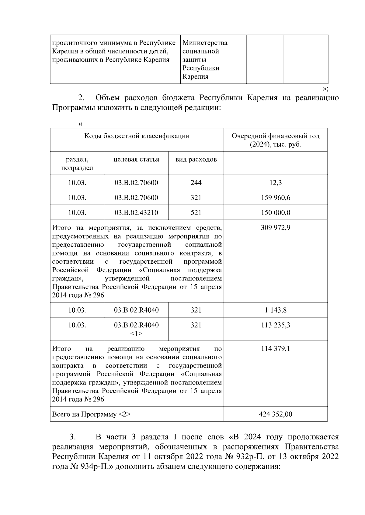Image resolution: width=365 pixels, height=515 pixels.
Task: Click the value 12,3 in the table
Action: pyautogui.click(x=275, y=183)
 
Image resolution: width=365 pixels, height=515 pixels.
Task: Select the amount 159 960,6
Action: pyautogui.click(x=275, y=198)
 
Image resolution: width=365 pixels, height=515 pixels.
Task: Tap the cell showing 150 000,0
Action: pyautogui.click(x=275, y=213)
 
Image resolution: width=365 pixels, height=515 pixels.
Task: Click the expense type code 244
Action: pyautogui.click(x=196, y=183)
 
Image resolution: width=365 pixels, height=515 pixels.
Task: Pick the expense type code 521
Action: pyautogui.click(x=196, y=213)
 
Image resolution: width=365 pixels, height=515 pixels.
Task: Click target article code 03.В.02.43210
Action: pyautogui.click(x=136, y=213)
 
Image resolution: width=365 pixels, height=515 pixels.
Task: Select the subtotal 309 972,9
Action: pyautogui.click(x=275, y=228)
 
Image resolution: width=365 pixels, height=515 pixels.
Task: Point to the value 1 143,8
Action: pyautogui.click(x=275, y=310)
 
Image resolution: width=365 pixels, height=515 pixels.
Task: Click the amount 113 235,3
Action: pyautogui.click(x=275, y=325)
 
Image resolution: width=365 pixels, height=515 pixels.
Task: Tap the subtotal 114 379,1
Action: pyautogui.click(x=275, y=349)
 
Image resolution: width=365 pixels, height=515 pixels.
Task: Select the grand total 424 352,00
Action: pyautogui.click(x=275, y=414)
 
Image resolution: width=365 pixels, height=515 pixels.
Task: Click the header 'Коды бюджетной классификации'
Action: pyautogui.click(x=137, y=136)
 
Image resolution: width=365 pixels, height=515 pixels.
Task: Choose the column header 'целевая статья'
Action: pyautogui.click(x=136, y=160)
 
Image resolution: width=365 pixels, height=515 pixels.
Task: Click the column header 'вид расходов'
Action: pyautogui.click(x=196, y=160)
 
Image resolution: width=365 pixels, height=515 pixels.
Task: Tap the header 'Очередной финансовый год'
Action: pyautogui.click(x=275, y=136)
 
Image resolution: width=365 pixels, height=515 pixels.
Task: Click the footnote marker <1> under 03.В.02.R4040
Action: pyautogui.click(x=136, y=334)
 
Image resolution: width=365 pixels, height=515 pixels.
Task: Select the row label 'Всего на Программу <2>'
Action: pyautogui.click(x=91, y=414)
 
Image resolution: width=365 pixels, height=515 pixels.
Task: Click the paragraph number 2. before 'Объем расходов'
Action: pyautogui.click(x=81, y=98)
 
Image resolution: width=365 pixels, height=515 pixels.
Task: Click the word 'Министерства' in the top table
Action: pyautogui.click(x=205, y=43)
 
